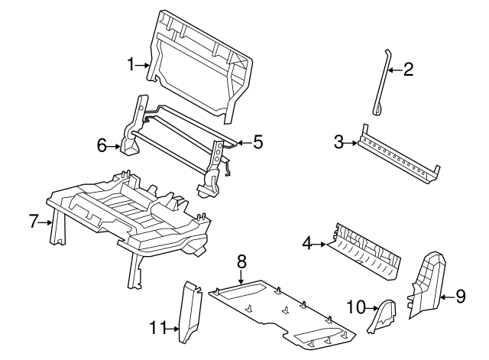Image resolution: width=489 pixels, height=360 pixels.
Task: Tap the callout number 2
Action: coord(408,70)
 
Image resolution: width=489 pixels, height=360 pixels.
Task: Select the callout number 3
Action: coord(338,141)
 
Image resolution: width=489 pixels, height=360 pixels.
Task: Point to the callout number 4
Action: coord(307,244)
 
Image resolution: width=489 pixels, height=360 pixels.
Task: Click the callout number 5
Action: coord(257,141)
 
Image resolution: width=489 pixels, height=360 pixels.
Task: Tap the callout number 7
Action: coord(33,222)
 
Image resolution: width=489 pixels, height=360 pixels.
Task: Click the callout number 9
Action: coord(460,296)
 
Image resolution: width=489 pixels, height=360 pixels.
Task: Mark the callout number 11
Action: coord(157,329)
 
